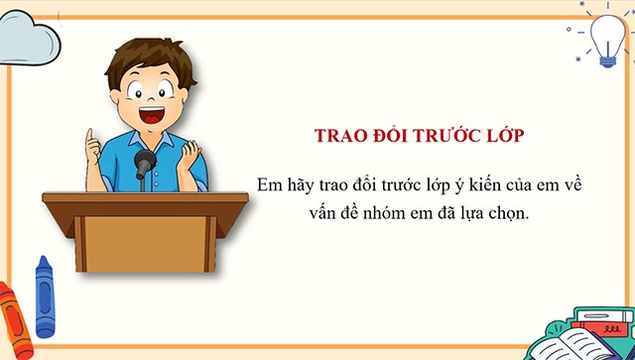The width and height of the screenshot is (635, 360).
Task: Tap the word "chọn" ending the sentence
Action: coord(511,212)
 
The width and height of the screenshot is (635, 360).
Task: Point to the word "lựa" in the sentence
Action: coord(476,211)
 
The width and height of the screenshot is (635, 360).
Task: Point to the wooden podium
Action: coord(130,238)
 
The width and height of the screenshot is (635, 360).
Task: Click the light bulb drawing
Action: coord(604,40)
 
